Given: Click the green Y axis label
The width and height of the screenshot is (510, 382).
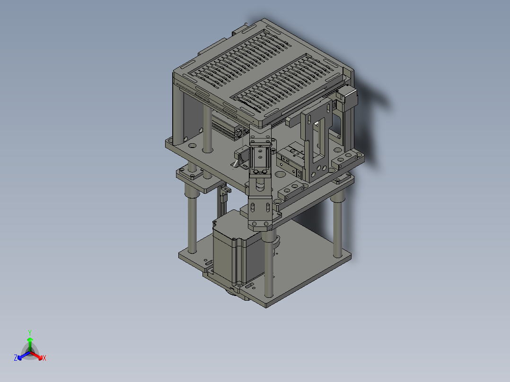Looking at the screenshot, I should click(x=30, y=332).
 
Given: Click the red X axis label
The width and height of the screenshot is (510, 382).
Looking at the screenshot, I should click(x=44, y=358).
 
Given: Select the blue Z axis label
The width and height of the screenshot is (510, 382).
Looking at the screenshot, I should click(x=16, y=358).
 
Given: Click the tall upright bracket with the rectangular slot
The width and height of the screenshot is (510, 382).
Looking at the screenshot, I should click(x=316, y=142).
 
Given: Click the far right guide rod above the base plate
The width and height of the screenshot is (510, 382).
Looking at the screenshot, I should click(x=337, y=222).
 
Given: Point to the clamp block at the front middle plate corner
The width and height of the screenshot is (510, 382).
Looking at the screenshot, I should click(x=291, y=191).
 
